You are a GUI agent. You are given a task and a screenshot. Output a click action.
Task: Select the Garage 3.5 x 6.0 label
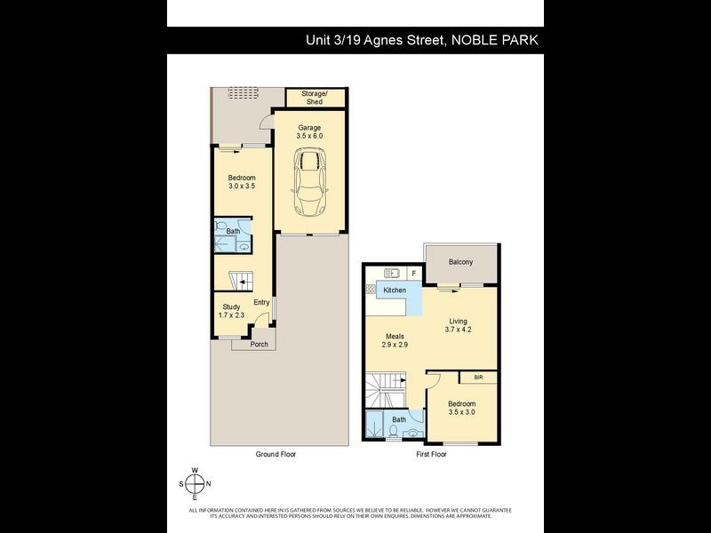pyautogui.click(x=309, y=132)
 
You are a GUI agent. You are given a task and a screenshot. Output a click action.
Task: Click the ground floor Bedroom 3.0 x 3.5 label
pyautogui.click(x=241, y=183)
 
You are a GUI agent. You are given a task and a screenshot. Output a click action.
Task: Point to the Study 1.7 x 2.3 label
pyautogui.click(x=231, y=311)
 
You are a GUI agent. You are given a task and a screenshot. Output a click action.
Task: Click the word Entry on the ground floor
pyautogui.click(x=261, y=303)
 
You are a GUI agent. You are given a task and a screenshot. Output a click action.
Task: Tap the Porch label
pyautogui.click(x=259, y=344)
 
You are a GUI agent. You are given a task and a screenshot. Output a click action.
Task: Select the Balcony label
pyautogui.click(x=460, y=262)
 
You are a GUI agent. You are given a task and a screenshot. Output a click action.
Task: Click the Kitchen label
pyautogui.click(x=395, y=290)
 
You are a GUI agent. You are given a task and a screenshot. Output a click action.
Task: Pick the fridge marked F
pyautogui.click(x=412, y=273)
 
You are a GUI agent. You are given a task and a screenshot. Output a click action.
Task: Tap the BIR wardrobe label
pyautogui.click(x=478, y=378)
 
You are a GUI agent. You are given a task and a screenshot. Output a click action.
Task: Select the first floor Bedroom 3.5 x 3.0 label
pyautogui.click(x=461, y=409)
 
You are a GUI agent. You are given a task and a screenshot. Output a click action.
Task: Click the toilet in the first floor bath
pyautogui.click(x=392, y=433)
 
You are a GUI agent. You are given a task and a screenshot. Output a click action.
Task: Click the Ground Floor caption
pyautogui.click(x=276, y=454)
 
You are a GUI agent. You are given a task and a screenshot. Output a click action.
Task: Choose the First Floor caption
pyautogui.click(x=431, y=454)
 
